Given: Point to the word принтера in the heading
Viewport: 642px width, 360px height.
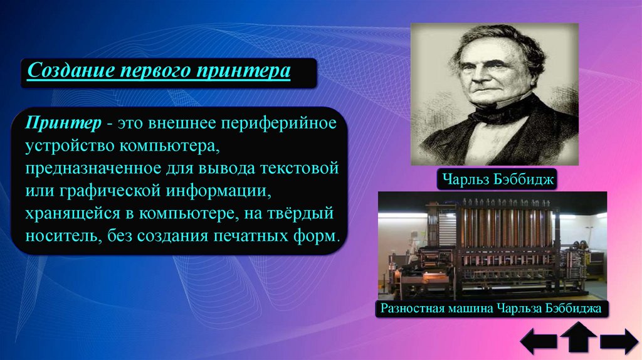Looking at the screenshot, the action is tap(243, 71).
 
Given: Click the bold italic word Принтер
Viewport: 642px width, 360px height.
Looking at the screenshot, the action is tap(63, 123).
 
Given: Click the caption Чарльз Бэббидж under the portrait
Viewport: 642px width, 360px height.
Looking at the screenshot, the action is tap(497, 179).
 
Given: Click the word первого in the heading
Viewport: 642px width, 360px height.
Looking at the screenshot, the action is tap(156, 71).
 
